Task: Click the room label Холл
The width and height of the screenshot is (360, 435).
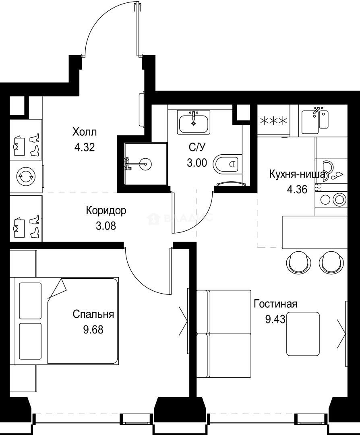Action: [85, 132]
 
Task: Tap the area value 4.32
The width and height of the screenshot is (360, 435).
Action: [85, 147]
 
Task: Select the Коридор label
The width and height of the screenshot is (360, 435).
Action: [106, 210]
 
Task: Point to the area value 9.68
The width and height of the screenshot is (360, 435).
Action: [93, 330]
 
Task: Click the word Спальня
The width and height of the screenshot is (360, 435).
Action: [93, 314]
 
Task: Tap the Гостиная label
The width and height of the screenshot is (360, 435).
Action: [275, 304]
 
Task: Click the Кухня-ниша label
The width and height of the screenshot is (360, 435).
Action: [297, 174]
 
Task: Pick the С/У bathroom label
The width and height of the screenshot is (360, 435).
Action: [197, 148]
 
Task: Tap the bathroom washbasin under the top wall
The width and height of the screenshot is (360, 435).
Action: [194, 122]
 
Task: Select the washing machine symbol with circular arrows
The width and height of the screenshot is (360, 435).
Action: [25, 176]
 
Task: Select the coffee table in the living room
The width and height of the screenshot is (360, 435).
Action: [303, 334]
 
